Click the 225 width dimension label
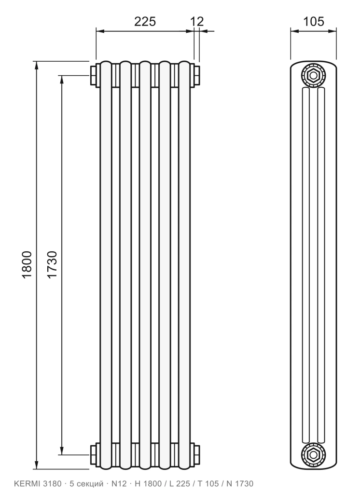pyautogui.click(x=145, y=22)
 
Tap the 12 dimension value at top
pyautogui.click(x=197, y=22)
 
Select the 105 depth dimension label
pyautogui.click(x=314, y=22)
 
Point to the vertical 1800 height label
pyautogui.click(x=27, y=264)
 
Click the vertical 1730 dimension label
pyautogui.click(x=52, y=264)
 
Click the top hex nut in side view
pyautogui.click(x=314, y=76)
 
